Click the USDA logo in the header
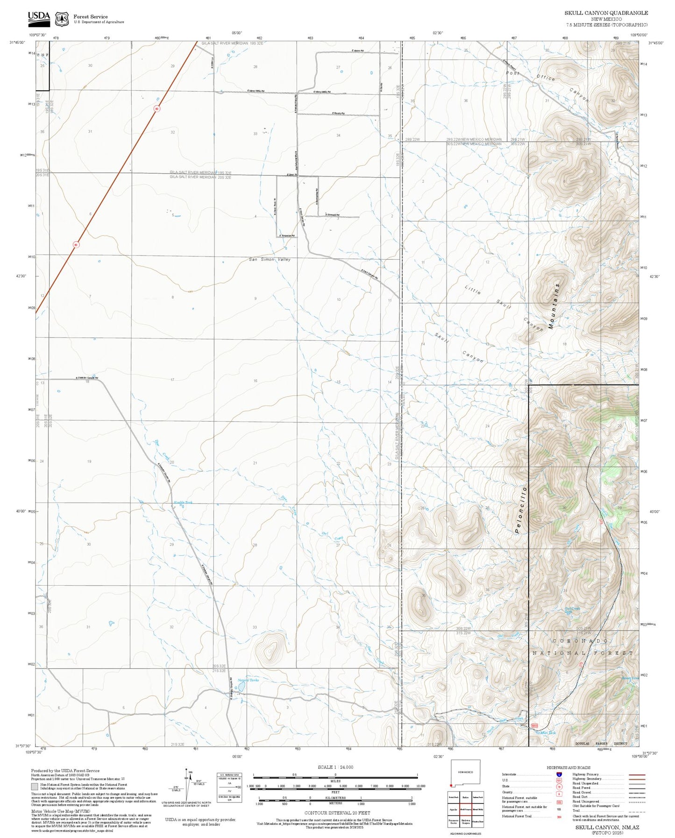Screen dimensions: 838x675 [39, 17]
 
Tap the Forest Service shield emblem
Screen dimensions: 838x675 [61, 19]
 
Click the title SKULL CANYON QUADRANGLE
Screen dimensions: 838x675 [606, 13]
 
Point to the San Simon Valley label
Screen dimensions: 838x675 [270, 259]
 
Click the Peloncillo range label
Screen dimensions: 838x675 [522, 510]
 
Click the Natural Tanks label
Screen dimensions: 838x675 [248, 680]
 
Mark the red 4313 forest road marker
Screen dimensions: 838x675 [535, 725]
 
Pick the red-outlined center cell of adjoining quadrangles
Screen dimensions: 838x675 [465, 809]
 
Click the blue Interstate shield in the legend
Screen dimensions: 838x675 [559, 774]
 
